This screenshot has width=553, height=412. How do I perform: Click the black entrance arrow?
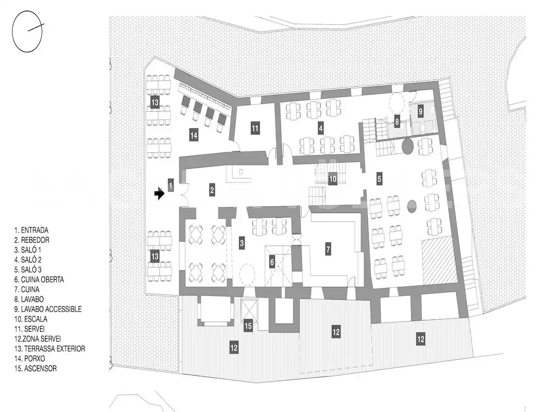pos(159,194)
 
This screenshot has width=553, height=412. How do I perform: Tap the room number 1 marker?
pos(171,185)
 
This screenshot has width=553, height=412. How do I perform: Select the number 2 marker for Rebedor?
pos(212,190)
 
